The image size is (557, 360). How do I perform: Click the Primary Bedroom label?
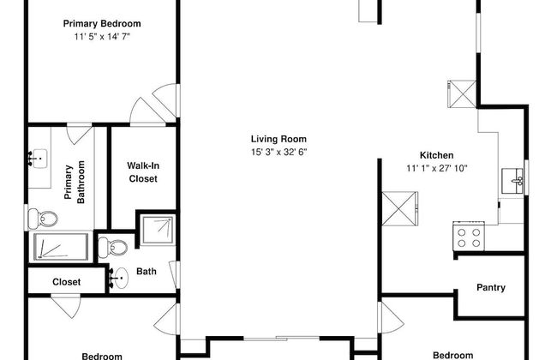pyautogui.click(x=102, y=23)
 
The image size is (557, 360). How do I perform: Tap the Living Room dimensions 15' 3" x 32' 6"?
pyautogui.click(x=278, y=152)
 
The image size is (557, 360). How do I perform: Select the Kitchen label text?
pyautogui.click(x=436, y=155)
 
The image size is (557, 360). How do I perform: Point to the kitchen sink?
pyautogui.click(x=512, y=181)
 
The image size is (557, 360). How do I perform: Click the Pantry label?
pyautogui.click(x=490, y=287)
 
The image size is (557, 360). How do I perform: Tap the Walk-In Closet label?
pyautogui.click(x=143, y=172)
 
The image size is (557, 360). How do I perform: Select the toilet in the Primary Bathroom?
pyautogui.click(x=43, y=219)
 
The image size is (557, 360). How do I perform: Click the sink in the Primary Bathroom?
pyautogui.click(x=38, y=159)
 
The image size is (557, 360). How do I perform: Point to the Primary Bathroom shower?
pyautogui.click(x=61, y=246)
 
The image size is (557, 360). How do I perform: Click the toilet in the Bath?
pyautogui.click(x=112, y=247)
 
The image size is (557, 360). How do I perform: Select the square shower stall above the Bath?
pyautogui.click(x=158, y=230)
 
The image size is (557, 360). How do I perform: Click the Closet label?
pyautogui.click(x=67, y=282)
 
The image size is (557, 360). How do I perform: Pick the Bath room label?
pyautogui.click(x=147, y=272)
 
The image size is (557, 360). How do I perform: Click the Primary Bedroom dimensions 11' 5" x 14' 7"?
pyautogui.click(x=102, y=37)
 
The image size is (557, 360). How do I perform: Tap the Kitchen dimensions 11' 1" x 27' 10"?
pyautogui.click(x=437, y=168)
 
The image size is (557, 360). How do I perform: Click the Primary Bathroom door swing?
pyautogui.click(x=80, y=135)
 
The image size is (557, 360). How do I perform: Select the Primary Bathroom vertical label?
pyautogui.click(x=75, y=182)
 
